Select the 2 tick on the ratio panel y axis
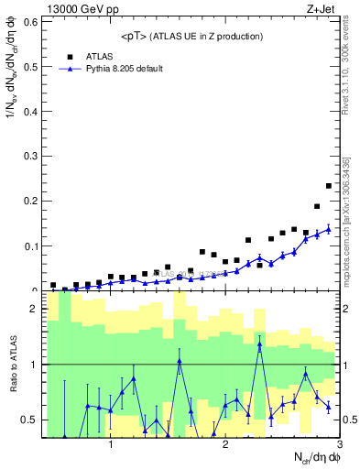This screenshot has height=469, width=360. coord(33,309)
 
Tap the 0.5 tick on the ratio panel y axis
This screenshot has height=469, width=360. coord(29,420)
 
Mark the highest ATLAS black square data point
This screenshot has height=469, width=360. coord(328,186)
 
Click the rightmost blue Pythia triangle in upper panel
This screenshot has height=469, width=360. coord(328,229)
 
